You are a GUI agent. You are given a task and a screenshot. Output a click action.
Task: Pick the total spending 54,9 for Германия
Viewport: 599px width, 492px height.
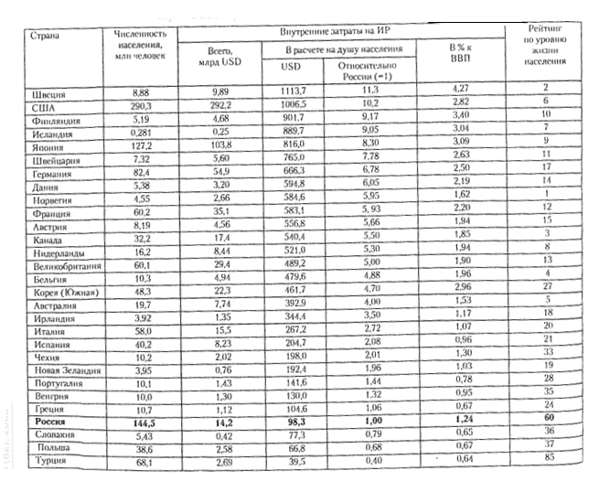point(219,171)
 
